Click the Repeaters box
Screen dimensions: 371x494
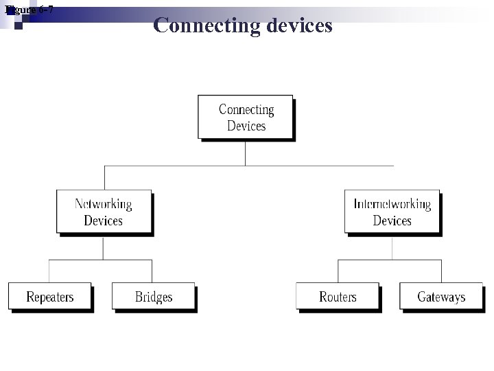(49, 297)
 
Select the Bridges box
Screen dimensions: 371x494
(153, 297)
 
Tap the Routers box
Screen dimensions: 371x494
(338, 297)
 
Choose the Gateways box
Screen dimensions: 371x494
(441, 297)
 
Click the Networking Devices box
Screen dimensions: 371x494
(104, 212)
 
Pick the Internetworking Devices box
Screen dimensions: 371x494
(392, 212)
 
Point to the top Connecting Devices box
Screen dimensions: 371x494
(246, 117)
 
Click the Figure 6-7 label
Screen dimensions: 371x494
(29, 10)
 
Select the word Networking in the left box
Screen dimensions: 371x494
(104, 204)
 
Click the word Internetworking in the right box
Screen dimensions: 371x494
(392, 204)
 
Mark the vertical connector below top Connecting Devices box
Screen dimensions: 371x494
(245, 153)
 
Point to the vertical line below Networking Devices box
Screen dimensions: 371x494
(103, 248)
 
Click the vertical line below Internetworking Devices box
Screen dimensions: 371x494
(392, 248)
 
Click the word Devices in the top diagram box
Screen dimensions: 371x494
(246, 126)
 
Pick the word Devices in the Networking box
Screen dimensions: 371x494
(104, 221)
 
